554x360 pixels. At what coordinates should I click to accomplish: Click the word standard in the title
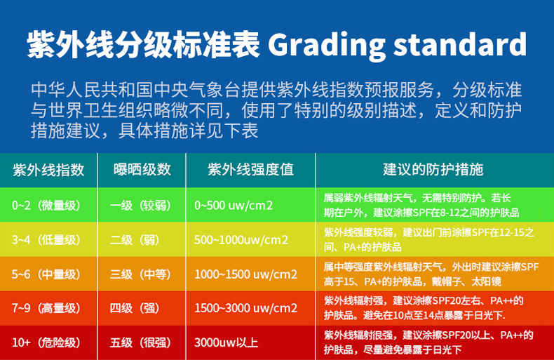point(460,44)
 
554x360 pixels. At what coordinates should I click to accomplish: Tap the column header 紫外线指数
point(48,170)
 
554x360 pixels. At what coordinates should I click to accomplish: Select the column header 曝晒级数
point(142,169)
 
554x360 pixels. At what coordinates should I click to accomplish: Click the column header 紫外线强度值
point(250,169)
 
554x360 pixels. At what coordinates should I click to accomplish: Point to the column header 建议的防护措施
point(433,169)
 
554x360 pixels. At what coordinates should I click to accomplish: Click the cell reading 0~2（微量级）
point(46,205)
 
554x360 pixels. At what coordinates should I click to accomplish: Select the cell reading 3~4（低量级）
point(46,240)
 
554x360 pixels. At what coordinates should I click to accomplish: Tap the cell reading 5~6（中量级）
point(46,274)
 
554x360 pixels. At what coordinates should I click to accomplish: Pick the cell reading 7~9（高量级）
point(46,308)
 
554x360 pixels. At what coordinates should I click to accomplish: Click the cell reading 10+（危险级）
point(46,342)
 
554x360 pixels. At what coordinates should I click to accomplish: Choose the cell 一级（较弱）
point(141,205)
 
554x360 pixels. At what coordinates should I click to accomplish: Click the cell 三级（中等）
point(141,274)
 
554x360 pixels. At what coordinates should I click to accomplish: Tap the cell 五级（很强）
point(141,342)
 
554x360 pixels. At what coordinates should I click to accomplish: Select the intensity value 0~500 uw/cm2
point(234,206)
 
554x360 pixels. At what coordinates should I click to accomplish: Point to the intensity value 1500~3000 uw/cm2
point(246,308)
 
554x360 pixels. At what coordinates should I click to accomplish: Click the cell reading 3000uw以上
point(226,342)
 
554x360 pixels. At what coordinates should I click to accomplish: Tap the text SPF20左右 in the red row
point(457,300)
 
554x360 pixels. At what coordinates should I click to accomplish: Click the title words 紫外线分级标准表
point(144,44)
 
